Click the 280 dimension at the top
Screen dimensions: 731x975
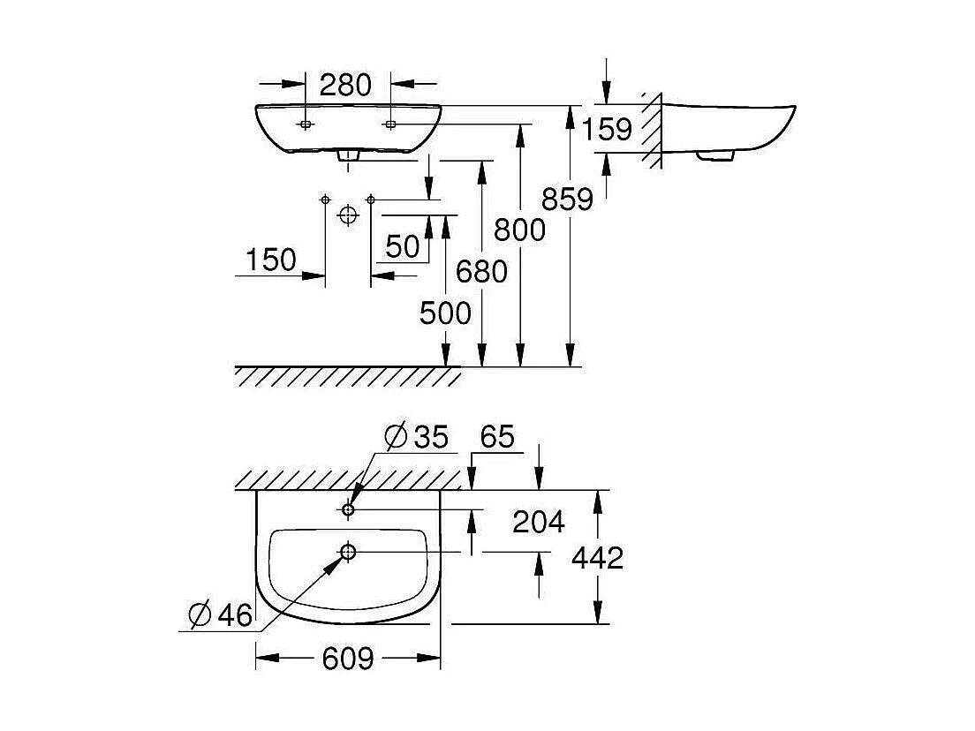coord(345,85)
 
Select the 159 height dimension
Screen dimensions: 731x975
coord(607,129)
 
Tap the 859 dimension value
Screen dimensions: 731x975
coord(568,200)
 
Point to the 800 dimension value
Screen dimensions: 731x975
coord(519,230)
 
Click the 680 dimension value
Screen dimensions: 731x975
coord(481,272)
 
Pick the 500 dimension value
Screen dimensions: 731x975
coord(445,313)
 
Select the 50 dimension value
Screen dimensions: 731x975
coord(403,246)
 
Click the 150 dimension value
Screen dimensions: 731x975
coord(270,260)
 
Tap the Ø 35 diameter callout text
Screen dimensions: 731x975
coord(417,436)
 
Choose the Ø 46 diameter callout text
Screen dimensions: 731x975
coord(221,614)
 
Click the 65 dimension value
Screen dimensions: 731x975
coord(497,436)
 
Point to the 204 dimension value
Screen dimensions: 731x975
coord(539,523)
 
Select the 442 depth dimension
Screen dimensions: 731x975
coord(597,558)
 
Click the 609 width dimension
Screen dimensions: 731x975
coord(348,658)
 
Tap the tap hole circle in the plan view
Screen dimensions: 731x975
coord(348,509)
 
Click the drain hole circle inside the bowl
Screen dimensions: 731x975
coord(347,552)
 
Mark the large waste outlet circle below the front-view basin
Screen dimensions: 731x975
coord(349,215)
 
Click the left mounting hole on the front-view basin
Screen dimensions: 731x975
coord(306,124)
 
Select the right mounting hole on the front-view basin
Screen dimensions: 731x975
coord(389,124)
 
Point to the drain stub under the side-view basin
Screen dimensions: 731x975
coord(715,156)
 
